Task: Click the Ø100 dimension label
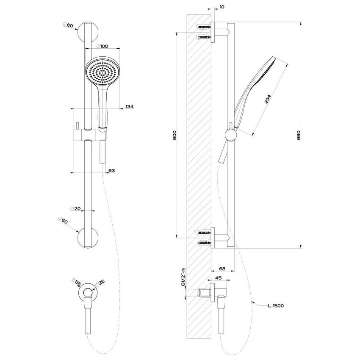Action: [x=102, y=46]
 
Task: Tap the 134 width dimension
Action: [x=130, y=107]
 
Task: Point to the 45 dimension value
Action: [x=219, y=278]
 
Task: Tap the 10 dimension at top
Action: [x=222, y=7]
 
